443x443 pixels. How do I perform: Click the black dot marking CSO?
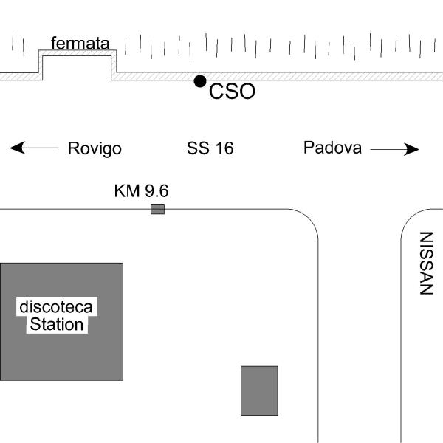[x=199, y=81]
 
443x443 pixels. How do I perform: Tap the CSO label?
[x=232, y=92]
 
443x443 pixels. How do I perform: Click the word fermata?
[x=80, y=44]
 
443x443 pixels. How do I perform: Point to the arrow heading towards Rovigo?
[x=34, y=148]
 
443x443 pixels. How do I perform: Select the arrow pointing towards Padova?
[x=394, y=149]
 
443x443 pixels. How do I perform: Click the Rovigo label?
[x=95, y=148]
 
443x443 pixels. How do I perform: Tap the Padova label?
[x=332, y=148]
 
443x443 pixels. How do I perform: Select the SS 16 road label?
[x=210, y=148]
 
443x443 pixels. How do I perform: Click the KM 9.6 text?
[x=141, y=191]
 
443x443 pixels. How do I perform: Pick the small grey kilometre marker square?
[x=157, y=209]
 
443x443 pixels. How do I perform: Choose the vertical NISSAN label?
[x=425, y=264]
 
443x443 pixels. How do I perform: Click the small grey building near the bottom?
[x=259, y=391]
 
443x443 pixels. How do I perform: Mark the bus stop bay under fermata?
[x=78, y=64]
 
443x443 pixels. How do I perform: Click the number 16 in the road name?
[x=224, y=148]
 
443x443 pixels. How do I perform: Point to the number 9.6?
[x=156, y=191]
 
